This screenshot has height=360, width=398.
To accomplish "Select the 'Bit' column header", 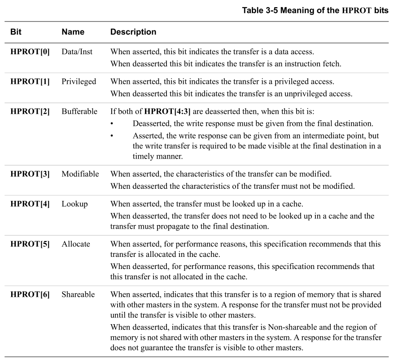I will coord(16,32).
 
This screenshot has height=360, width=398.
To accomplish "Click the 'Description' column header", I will coord(133,32).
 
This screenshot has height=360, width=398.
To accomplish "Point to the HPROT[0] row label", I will coord(31,52).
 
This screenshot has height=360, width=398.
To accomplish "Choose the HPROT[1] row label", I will coord(31,82).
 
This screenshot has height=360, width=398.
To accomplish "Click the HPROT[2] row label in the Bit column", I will coord(31,112).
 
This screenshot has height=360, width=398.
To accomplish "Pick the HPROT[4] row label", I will coord(31,204).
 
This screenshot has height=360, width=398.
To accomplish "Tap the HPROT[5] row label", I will coord(31,244).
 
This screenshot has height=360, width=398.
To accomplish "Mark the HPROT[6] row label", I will coord(31,294).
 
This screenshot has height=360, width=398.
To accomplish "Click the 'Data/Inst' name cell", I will coord(77,52).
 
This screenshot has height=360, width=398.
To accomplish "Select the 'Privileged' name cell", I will coord(79,82).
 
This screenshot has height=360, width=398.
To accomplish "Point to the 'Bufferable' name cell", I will coord(79,112).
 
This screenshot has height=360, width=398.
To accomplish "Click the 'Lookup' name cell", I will coord(75,204).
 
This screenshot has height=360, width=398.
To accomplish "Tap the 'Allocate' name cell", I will coord(76,244).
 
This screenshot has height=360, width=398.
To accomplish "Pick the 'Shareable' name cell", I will coord(78,294).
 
